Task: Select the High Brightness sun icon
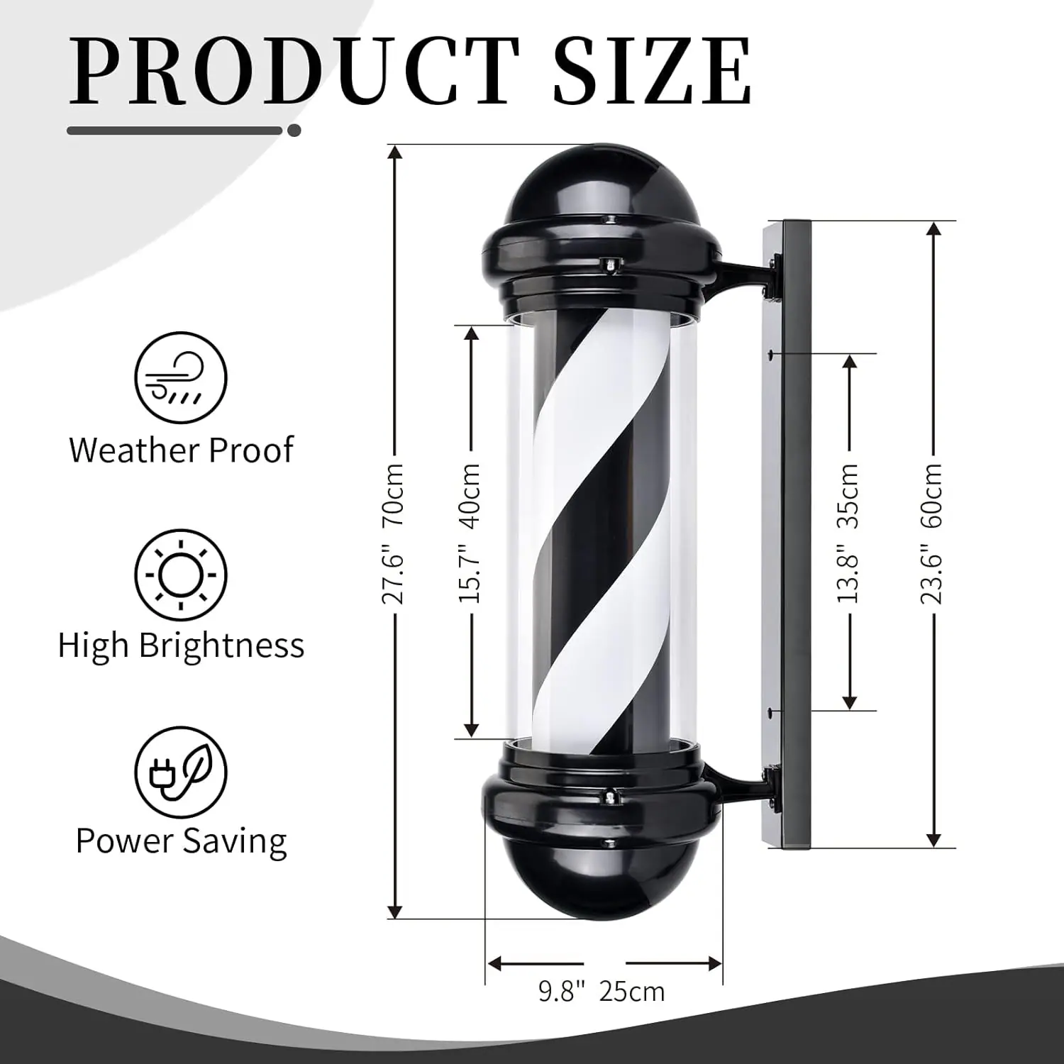click(181, 574)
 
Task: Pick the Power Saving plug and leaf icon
click(181, 771)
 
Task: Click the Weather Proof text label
click(181, 450)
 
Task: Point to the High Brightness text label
click(181, 645)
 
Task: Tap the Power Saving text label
click(181, 841)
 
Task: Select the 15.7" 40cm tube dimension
click(470, 533)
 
